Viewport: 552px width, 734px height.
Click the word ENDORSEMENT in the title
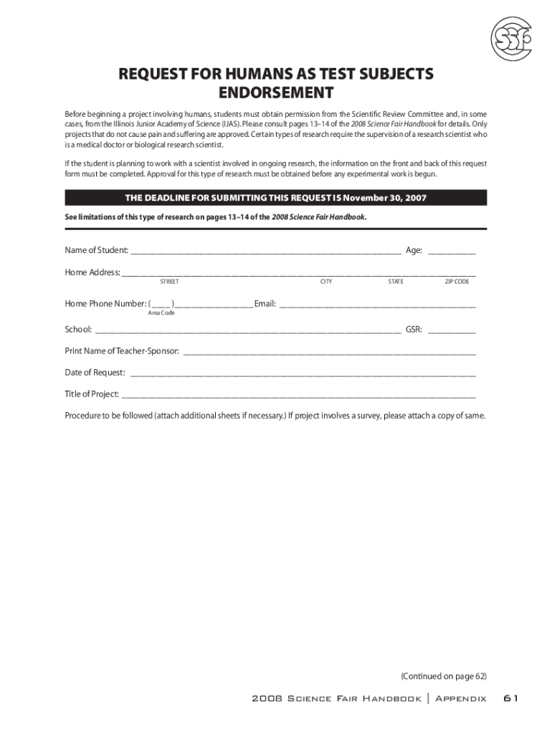tap(276, 93)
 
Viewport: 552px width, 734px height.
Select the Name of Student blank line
tap(265, 252)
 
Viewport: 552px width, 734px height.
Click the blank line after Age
tap(452, 252)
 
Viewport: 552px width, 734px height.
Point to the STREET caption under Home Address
tap(169, 282)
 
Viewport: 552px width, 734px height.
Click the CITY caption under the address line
tap(326, 282)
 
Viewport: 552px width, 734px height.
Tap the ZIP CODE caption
tap(457, 282)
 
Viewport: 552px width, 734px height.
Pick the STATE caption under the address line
tap(396, 282)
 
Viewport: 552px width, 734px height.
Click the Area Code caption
tap(161, 313)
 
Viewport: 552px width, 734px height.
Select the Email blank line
tap(377, 305)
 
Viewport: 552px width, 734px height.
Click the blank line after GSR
tap(452, 331)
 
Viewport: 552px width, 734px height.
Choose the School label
tap(78, 330)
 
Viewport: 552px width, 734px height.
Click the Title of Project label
tap(92, 394)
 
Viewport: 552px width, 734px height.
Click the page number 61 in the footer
tap(510, 699)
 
